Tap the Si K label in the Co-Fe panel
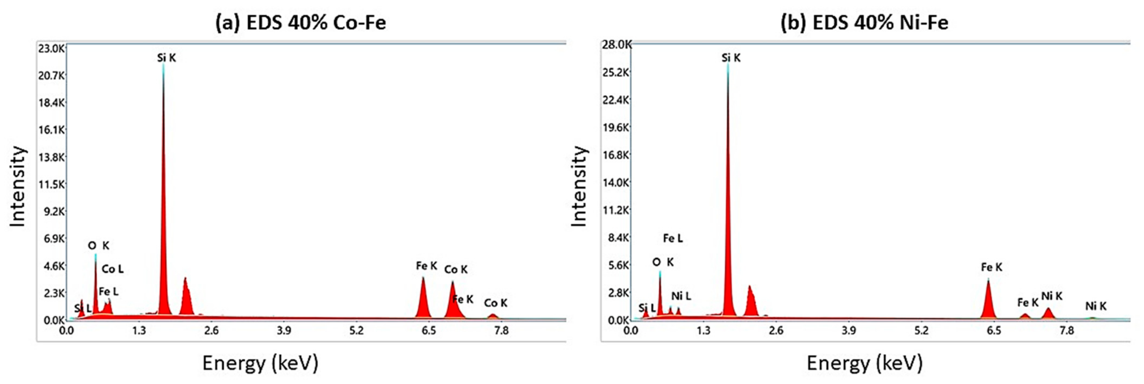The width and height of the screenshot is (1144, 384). tap(167, 58)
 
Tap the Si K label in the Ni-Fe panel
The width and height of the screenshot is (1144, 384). tap(731, 58)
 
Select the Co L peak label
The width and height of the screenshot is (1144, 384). tap(112, 269)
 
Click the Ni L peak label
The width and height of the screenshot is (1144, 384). tap(681, 296)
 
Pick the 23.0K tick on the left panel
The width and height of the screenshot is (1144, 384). tap(51, 48)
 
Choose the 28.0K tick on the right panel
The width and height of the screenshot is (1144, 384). tap(616, 44)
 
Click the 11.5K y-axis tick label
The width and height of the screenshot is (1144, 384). tap(51, 184)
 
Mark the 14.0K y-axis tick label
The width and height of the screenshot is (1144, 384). tap(616, 182)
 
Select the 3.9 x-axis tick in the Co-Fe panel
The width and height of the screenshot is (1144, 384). tap(284, 330)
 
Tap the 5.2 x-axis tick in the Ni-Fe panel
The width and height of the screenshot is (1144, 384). tap(921, 330)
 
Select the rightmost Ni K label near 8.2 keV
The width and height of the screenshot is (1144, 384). tap(1096, 306)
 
